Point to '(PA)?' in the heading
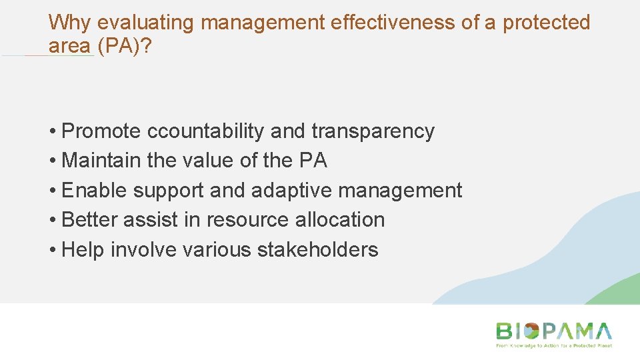[127, 46]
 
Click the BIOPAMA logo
[553, 331]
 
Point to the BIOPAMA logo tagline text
[553, 346]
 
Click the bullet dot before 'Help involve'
[52, 251]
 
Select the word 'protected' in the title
[547, 23]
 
